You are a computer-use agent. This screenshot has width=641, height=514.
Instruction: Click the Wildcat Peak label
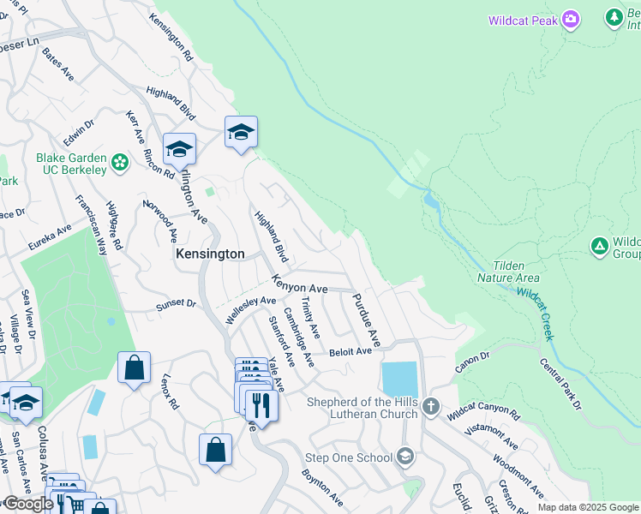(x=523, y=21)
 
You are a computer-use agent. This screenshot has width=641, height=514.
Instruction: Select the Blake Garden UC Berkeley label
(x=71, y=164)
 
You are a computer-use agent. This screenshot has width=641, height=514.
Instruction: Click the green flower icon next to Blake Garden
(x=120, y=161)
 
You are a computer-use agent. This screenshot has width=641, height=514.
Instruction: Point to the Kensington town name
(x=210, y=254)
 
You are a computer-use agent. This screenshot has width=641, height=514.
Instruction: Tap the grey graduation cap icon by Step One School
(x=406, y=457)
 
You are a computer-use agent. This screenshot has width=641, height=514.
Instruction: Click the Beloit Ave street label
(x=350, y=351)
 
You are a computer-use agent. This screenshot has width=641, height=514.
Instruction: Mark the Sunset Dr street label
(x=176, y=304)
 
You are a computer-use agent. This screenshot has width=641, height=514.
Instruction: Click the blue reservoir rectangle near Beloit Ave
(x=399, y=379)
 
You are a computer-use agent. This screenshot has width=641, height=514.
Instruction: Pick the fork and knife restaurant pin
(x=261, y=404)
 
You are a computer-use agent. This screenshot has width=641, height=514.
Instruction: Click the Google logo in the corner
(x=28, y=504)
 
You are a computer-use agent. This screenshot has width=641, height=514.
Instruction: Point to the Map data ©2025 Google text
(x=588, y=507)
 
